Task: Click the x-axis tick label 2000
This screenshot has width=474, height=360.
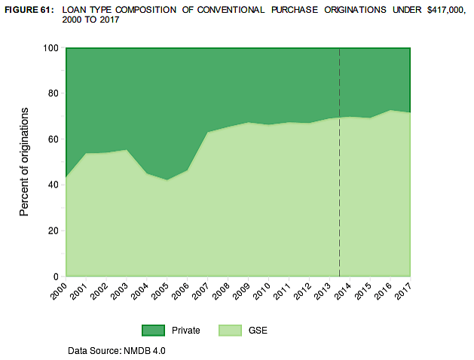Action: point(60,288)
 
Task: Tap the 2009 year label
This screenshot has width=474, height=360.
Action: point(242,288)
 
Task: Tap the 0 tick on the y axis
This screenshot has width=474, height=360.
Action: point(57,276)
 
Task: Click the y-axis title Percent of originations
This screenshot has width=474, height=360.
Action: point(24,162)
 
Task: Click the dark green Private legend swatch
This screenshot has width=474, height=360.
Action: point(152,330)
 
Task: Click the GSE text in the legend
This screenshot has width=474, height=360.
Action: point(258,330)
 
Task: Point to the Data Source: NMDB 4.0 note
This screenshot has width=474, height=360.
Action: point(116,351)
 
